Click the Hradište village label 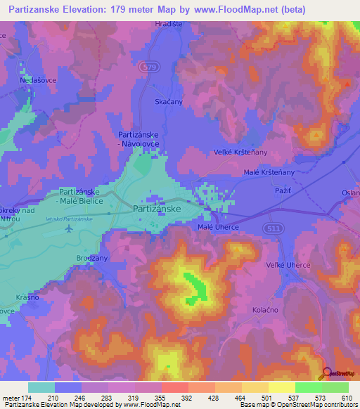168,24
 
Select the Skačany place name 168,102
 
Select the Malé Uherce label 218,226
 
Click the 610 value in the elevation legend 345,398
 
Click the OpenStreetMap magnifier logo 326,374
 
